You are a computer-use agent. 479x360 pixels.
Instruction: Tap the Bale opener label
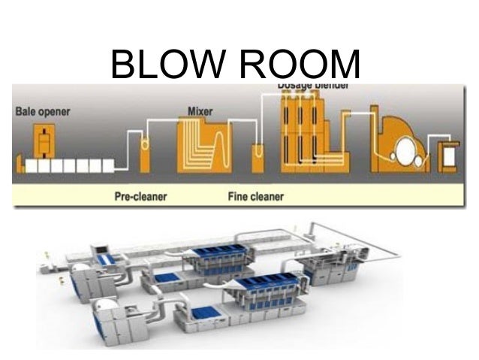43,112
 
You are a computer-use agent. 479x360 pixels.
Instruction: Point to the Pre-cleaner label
141,197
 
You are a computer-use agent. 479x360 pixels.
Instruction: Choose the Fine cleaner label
255,197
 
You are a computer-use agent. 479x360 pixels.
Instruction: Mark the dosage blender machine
308,135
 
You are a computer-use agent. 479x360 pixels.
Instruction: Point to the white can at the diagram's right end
449,156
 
